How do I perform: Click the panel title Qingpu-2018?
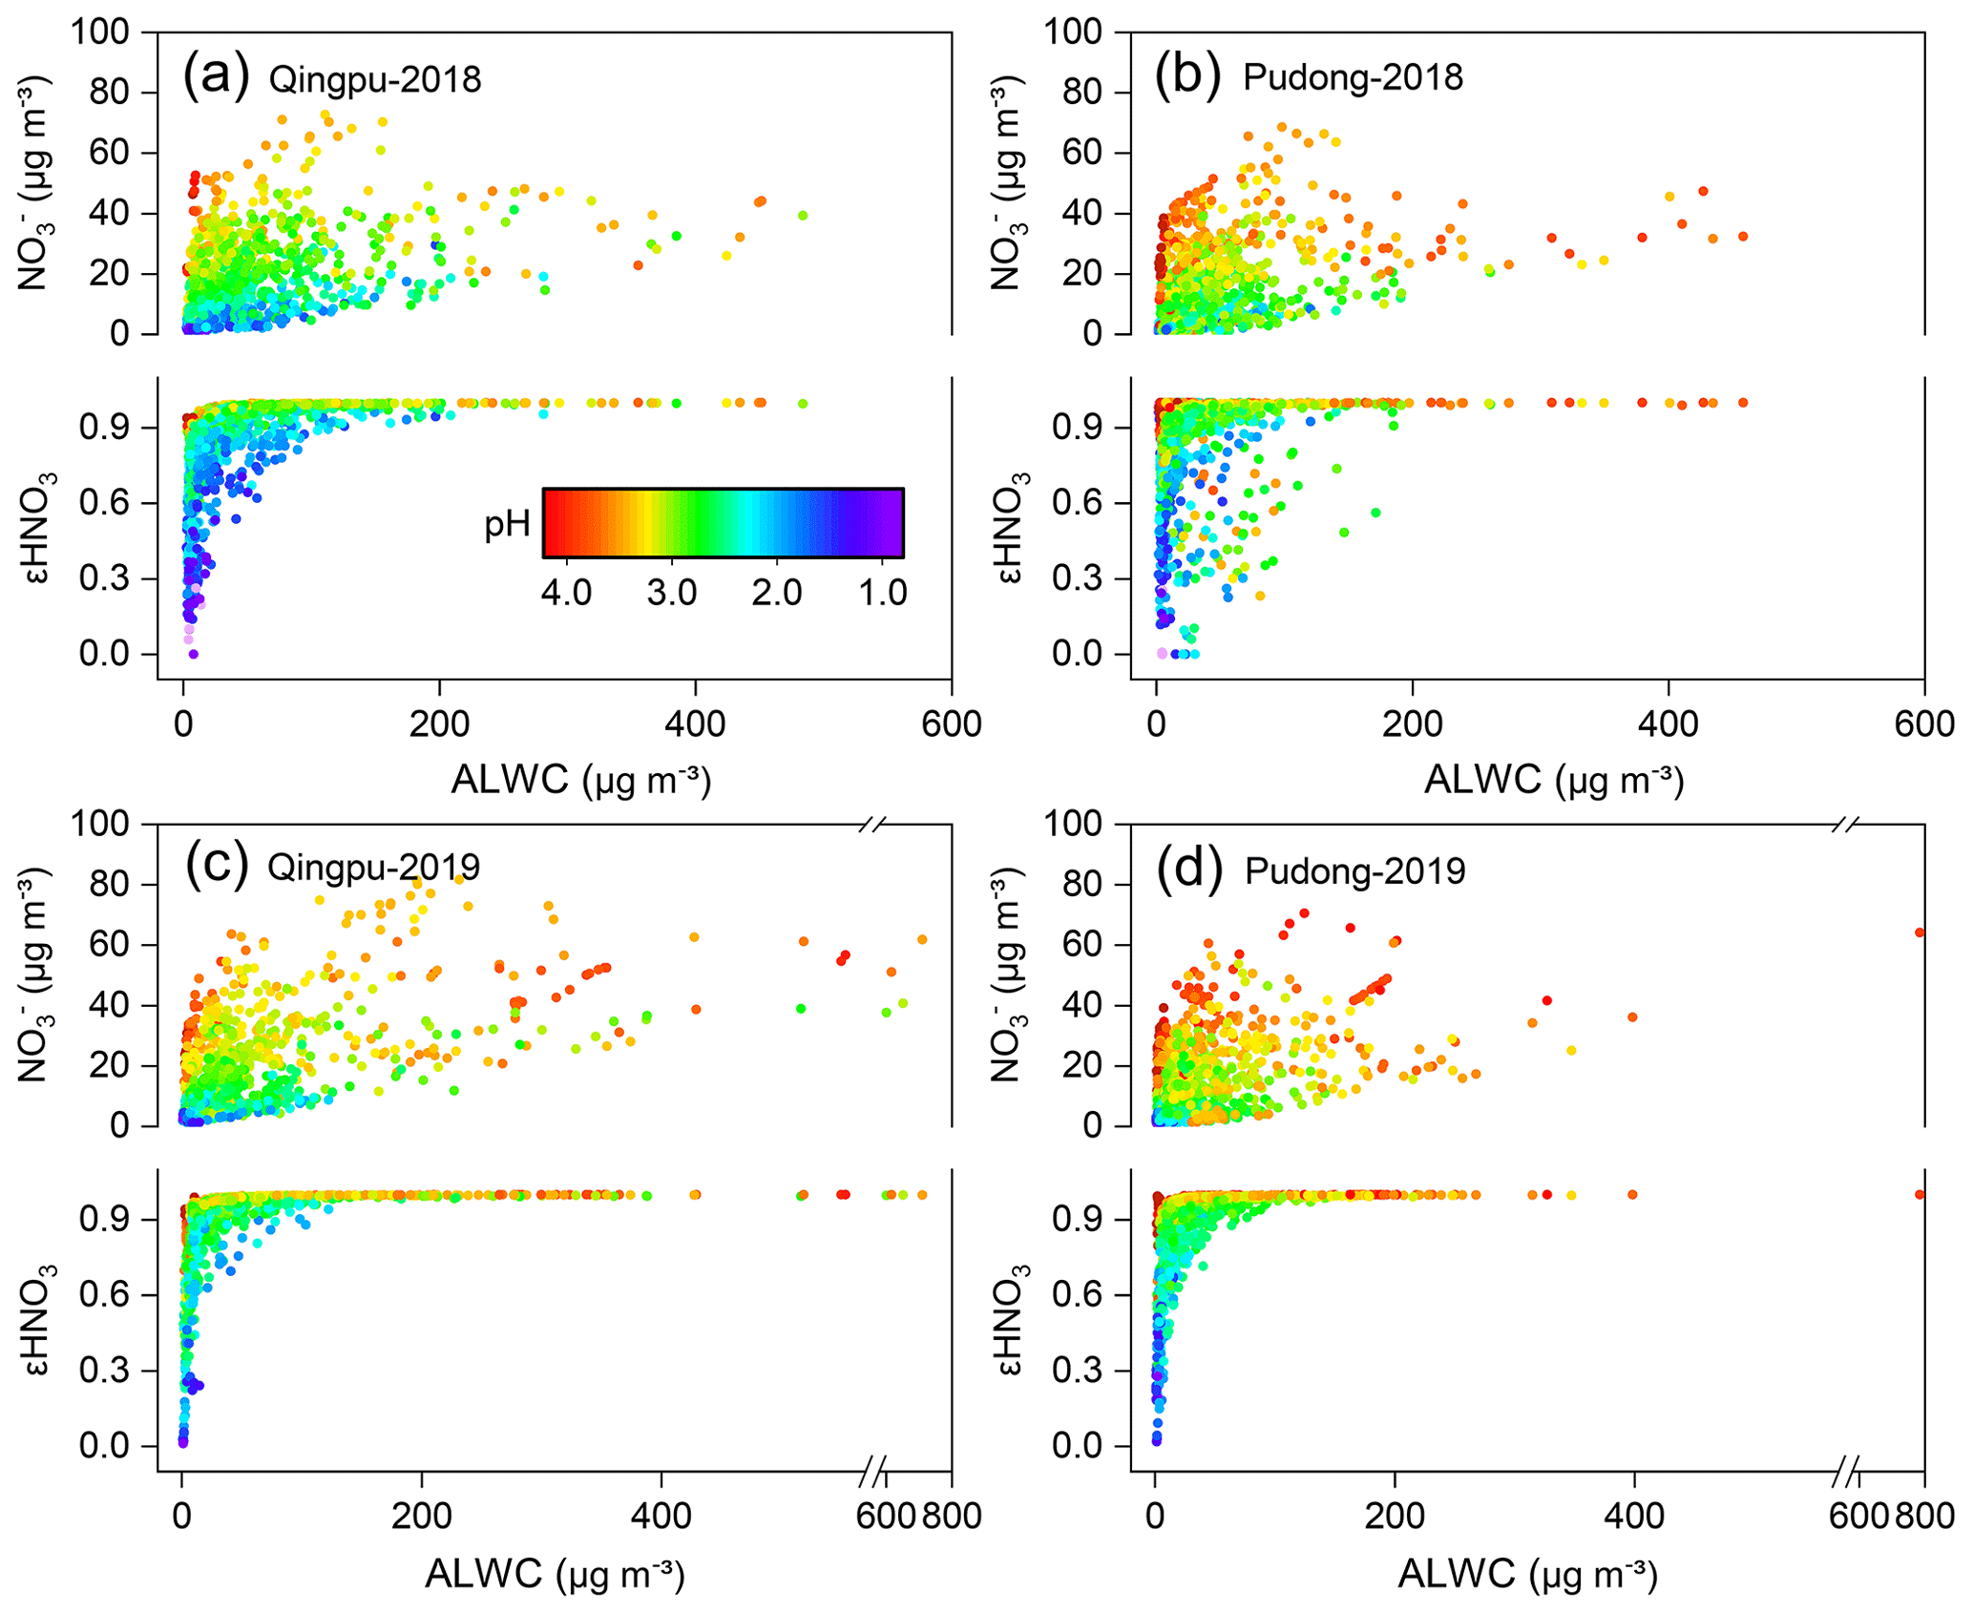point(374,79)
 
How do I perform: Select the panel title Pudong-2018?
point(1353,77)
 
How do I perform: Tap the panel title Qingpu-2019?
point(373,868)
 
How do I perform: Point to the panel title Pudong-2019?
point(1354,870)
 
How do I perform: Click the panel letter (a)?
point(216,74)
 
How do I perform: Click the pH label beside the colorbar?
point(507,523)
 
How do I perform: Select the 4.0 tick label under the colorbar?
point(566,593)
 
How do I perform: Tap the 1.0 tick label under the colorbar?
point(882,593)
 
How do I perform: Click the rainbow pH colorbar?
point(723,523)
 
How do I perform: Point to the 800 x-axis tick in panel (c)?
point(952,1516)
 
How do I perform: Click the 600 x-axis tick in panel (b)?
point(1923,724)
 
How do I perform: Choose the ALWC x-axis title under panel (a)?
point(580,781)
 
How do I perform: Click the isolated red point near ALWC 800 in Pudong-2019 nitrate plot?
point(1920,932)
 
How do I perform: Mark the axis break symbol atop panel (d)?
point(1846,824)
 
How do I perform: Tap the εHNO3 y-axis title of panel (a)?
point(41,527)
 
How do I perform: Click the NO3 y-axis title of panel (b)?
point(1008,183)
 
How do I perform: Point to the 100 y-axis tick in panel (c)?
point(99,823)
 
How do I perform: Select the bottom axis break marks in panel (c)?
point(872,1471)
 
